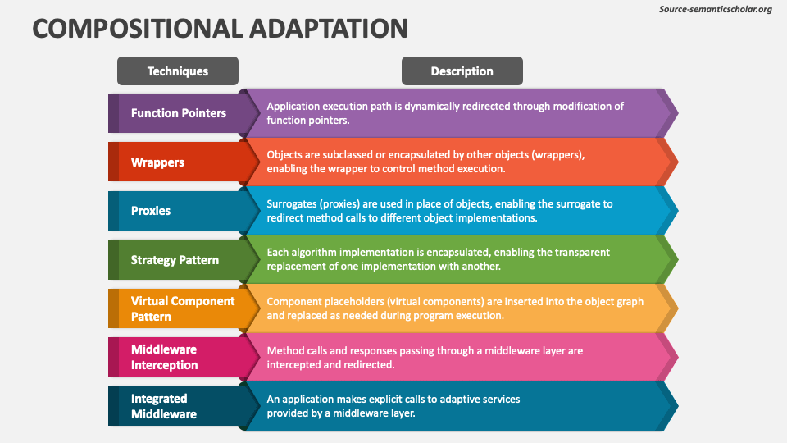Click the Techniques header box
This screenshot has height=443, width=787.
(x=178, y=71)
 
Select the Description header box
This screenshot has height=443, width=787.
(x=462, y=71)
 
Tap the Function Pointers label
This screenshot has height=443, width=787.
(x=179, y=113)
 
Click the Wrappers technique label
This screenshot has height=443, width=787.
(x=157, y=162)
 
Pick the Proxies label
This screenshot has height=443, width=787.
(x=151, y=211)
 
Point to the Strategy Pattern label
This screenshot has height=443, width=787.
(x=175, y=260)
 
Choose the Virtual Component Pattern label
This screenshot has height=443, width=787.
(x=183, y=308)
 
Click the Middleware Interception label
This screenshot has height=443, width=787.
(x=164, y=357)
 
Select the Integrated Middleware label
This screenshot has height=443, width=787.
(x=164, y=406)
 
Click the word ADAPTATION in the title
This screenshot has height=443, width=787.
(x=329, y=28)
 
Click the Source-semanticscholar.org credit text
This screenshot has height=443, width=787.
(x=715, y=9)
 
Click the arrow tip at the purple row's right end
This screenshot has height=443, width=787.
(x=678, y=113)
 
